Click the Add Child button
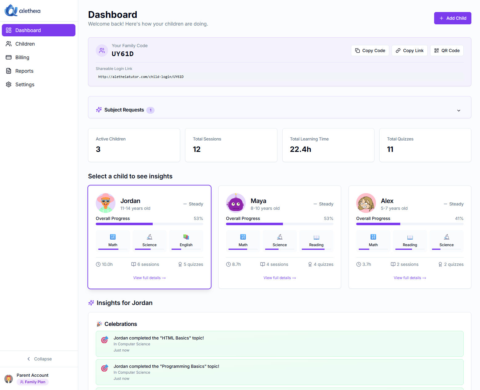pos(452,18)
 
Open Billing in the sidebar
pos(22,57)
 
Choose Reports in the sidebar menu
pos(24,71)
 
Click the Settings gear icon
pos(9,84)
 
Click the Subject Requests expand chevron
pos(458,110)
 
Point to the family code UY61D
pos(123,54)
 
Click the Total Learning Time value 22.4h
pos(300,149)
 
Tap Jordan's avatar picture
pos(106,203)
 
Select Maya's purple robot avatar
pos(236,203)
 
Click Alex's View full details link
pos(409,278)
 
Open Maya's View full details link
pos(279,278)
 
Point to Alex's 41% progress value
pos(459,218)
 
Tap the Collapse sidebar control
pos(39,359)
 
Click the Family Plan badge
pos(33,382)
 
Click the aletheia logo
pos(22,10)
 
